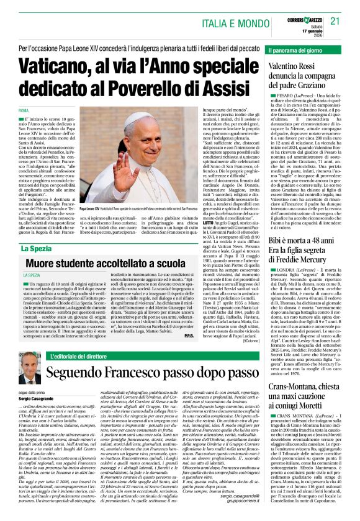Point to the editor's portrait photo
tap(29, 370)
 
